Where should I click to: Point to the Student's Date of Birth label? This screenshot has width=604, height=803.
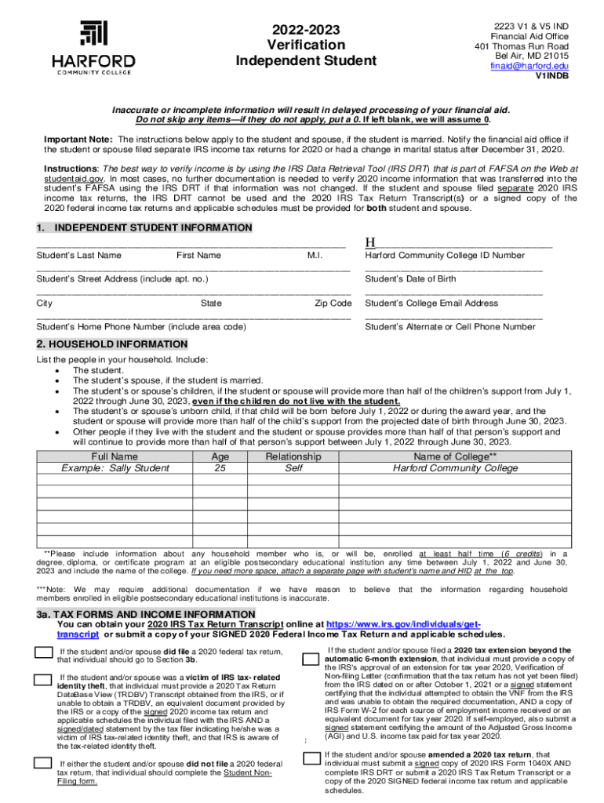point(410,279)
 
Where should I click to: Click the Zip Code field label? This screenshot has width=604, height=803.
point(333,303)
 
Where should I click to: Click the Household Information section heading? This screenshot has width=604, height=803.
point(112,344)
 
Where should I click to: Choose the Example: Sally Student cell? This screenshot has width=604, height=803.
point(115,469)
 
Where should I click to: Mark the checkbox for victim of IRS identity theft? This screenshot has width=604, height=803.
point(43,681)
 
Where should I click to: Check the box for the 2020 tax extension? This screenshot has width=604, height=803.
point(311,658)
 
